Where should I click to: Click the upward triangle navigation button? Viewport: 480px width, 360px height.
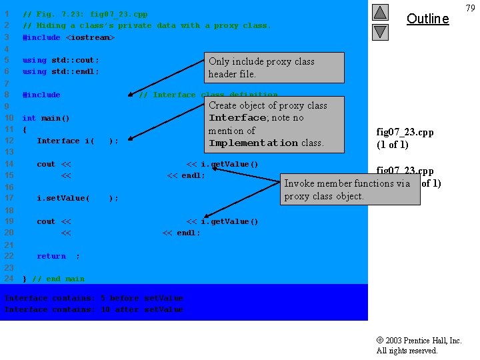pyautogui.click(x=379, y=12)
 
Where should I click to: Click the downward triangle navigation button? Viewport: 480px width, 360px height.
pyautogui.click(x=379, y=31)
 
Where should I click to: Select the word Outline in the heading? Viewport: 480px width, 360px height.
pyautogui.click(x=427, y=19)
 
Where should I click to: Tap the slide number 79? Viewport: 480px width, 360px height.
pyautogui.click(x=471, y=8)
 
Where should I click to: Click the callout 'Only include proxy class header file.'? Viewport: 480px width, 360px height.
pyautogui.click(x=276, y=67)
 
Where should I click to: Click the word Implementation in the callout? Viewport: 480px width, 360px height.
pyautogui.click(x=253, y=143)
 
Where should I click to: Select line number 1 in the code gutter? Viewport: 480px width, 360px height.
pyautogui.click(x=7, y=14)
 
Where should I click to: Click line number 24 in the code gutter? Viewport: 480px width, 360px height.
pyautogui.click(x=9, y=279)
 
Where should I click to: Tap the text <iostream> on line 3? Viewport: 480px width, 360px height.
pyautogui.click(x=90, y=37)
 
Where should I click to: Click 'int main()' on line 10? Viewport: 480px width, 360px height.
pyautogui.click(x=46, y=119)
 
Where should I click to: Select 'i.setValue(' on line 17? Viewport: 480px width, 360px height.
pyautogui.click(x=63, y=198)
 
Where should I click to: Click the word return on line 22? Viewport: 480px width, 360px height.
pyautogui.click(x=51, y=256)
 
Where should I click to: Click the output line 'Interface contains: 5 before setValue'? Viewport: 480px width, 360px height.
pyautogui.click(x=94, y=298)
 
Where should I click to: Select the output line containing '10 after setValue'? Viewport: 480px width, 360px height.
pyautogui.click(x=94, y=309)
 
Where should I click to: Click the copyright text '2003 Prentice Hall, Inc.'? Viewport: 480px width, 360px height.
pyautogui.click(x=423, y=341)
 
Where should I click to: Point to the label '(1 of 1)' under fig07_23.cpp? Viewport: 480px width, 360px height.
pyautogui.click(x=393, y=145)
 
